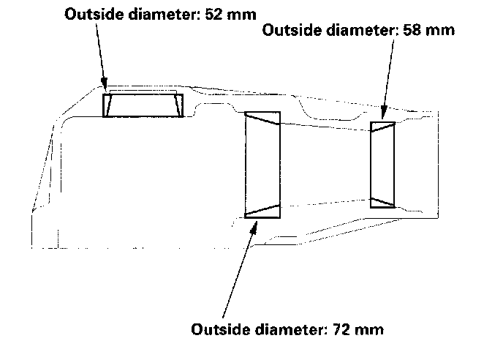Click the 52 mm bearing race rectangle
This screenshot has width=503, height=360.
pyautogui.click(x=143, y=105)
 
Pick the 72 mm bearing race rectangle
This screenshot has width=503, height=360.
pyautogui.click(x=262, y=165)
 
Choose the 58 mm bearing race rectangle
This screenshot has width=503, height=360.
pyautogui.click(x=383, y=165)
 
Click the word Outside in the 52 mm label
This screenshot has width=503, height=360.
pyautogui.click(x=91, y=14)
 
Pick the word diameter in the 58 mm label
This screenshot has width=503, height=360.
pyautogui.click(x=356, y=30)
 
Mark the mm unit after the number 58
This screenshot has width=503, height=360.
pyautogui.click(x=441, y=30)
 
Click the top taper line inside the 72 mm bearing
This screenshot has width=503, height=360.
pyautogui.click(x=262, y=121)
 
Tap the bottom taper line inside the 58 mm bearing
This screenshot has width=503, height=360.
pyautogui.click(x=383, y=201)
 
